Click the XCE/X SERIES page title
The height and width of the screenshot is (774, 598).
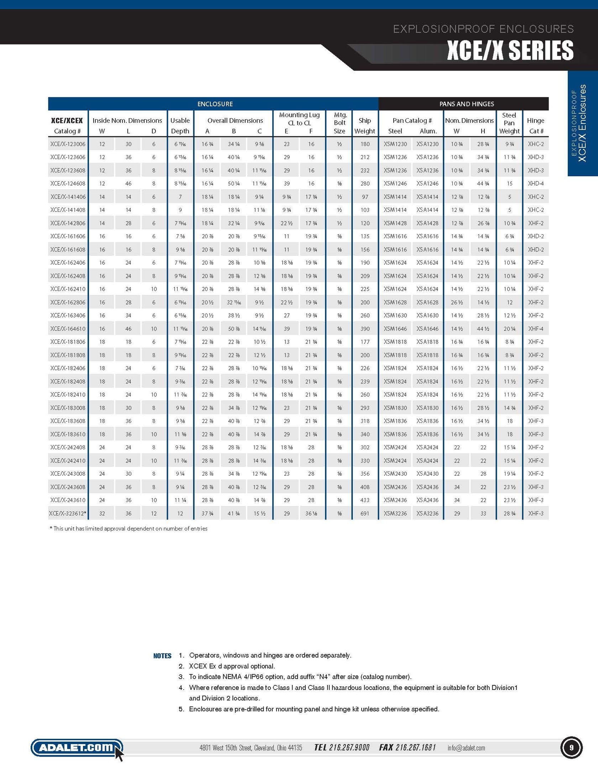pos(510,51)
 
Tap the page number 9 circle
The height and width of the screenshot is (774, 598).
pos(571,748)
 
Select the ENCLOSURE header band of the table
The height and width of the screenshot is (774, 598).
pos(215,104)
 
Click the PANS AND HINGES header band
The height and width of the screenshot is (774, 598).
pos(466,104)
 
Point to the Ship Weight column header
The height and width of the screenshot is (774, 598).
pos(364,126)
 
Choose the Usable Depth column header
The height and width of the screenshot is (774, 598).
pos(180,126)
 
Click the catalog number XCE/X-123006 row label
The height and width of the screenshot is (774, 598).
pos(68,144)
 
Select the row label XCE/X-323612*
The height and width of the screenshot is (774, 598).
pos(68,513)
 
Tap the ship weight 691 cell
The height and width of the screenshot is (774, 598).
pos(364,513)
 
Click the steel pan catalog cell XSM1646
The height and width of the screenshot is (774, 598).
pos(395,329)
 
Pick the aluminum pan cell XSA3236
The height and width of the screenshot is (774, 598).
pos(427,513)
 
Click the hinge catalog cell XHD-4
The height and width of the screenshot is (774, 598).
pos(536,184)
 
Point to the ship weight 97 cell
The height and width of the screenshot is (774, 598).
pos(364,197)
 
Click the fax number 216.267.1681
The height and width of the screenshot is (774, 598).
pos(407,748)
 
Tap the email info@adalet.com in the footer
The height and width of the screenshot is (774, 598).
pos(466,748)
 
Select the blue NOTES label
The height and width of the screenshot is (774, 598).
pos(162,656)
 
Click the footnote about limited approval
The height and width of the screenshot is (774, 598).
pos(128,529)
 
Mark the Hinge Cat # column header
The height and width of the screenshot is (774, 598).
pos(536,126)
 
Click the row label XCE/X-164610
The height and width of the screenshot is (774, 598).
pos(68,329)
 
